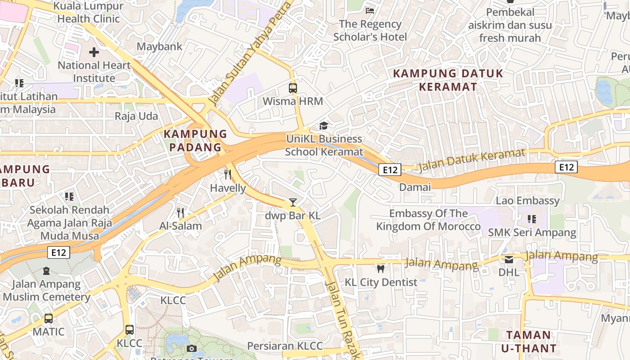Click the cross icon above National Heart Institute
pyautogui.click(x=94, y=52)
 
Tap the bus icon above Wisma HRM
pyautogui.click(x=293, y=88)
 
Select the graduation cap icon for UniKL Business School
pyautogui.click(x=324, y=126)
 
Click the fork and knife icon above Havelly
pyautogui.click(x=228, y=175)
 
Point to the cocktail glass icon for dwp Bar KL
pyautogui.click(x=293, y=202)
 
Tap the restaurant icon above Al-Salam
pyautogui.click(x=180, y=212)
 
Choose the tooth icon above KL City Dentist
pyautogui.click(x=381, y=269)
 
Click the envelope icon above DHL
pyautogui.click(x=508, y=259)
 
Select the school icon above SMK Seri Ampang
pyautogui.click(x=532, y=219)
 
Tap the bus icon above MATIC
pyautogui.click(x=49, y=319)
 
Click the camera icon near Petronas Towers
pyautogui.click(x=192, y=348)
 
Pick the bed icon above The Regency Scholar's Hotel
pyautogui.click(x=370, y=10)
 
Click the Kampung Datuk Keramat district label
pyautogui.click(x=448, y=80)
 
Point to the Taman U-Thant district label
pyautogui.click(x=528, y=342)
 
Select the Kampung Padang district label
pyautogui.click(x=195, y=140)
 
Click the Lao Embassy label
pyautogui.click(x=527, y=200)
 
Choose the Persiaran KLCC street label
pyautogui.click(x=285, y=346)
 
